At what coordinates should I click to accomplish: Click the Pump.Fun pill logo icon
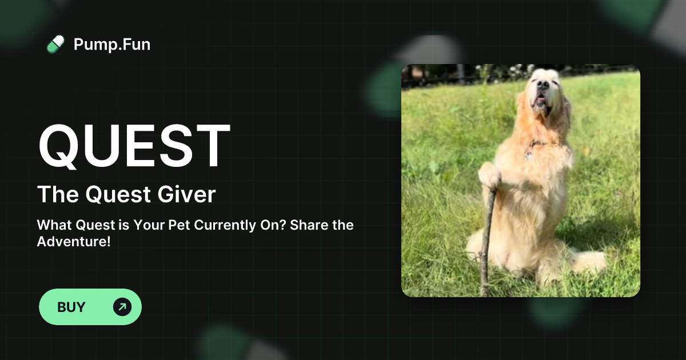(x=55, y=44)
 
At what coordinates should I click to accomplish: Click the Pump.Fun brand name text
(x=112, y=44)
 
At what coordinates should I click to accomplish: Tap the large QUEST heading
(x=134, y=146)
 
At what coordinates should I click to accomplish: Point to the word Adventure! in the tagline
(x=74, y=242)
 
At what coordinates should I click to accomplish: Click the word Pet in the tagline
(x=179, y=225)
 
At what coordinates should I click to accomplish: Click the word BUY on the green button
(x=71, y=307)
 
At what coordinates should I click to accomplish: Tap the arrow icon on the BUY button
(x=122, y=307)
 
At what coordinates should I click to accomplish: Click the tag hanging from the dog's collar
(x=529, y=155)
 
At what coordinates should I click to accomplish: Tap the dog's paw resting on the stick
(x=489, y=176)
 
